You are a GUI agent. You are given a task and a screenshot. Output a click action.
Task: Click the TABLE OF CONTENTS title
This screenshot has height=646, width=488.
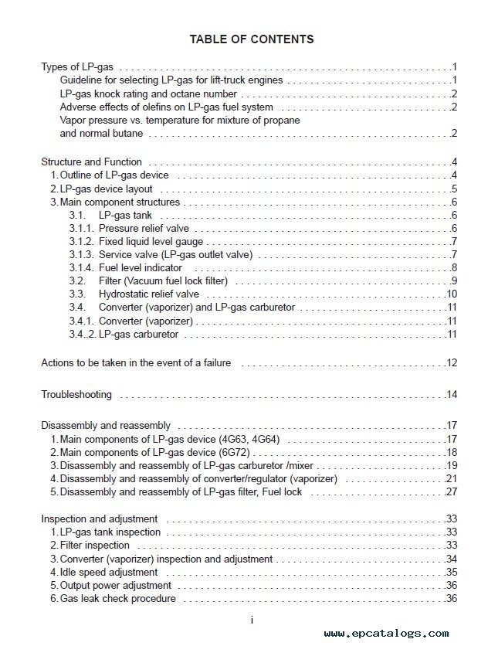[x=252, y=39]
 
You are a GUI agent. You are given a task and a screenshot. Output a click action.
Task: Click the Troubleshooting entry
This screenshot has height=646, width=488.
[x=76, y=395]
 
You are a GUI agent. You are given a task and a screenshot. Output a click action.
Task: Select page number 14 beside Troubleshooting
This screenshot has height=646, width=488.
[x=452, y=395]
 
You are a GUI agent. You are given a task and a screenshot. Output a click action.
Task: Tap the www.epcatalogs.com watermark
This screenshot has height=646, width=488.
[x=386, y=633]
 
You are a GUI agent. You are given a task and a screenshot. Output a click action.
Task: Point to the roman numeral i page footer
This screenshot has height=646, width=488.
[x=252, y=620]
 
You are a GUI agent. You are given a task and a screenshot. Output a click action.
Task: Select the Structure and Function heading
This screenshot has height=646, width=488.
[x=91, y=162]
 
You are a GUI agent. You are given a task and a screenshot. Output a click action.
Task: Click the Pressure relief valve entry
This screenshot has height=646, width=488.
[x=144, y=229]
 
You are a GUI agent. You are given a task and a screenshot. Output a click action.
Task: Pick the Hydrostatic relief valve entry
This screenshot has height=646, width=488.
[x=149, y=294]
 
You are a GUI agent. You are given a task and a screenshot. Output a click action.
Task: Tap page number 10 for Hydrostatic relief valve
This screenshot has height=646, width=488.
[x=452, y=294]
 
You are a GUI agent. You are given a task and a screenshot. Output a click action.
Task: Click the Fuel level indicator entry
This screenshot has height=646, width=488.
[x=141, y=268]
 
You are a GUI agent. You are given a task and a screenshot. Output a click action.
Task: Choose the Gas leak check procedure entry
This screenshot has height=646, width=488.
[x=117, y=599]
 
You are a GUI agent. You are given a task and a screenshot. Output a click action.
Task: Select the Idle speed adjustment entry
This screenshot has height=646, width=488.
[x=109, y=573]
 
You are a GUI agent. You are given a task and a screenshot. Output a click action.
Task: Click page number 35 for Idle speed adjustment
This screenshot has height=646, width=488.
[x=452, y=573]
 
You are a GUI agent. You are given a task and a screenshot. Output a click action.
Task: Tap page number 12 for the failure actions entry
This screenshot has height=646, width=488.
[x=452, y=363]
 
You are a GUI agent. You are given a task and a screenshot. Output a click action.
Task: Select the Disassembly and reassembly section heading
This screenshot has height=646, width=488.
[x=106, y=426]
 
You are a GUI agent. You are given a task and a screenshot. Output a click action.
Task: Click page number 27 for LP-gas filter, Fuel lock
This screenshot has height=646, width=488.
[x=452, y=492]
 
